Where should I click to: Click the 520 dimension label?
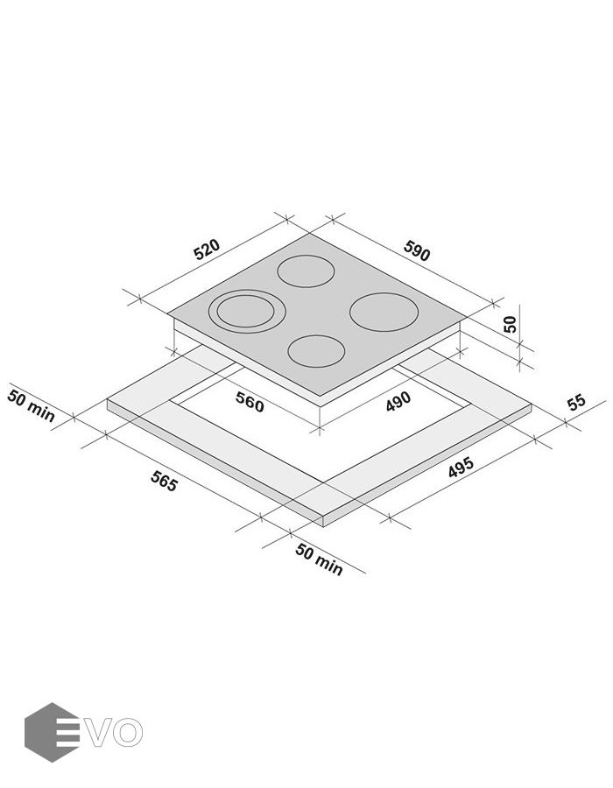pos(207,250)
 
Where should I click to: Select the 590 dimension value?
pos(417,251)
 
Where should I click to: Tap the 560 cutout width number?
pos(250,403)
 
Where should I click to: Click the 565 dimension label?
pos(164,482)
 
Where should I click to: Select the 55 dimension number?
pos(576,402)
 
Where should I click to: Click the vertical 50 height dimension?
pos(510,324)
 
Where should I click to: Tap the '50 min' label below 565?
pos(319,559)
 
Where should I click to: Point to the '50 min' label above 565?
pos(31,406)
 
